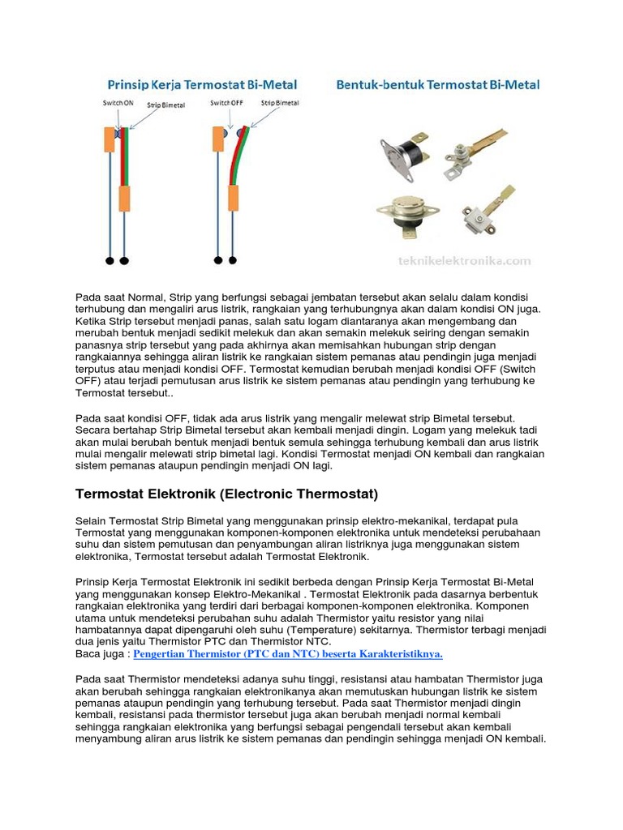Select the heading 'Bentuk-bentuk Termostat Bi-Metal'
439,84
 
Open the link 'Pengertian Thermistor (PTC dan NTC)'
288,654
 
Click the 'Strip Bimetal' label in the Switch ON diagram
165,105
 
